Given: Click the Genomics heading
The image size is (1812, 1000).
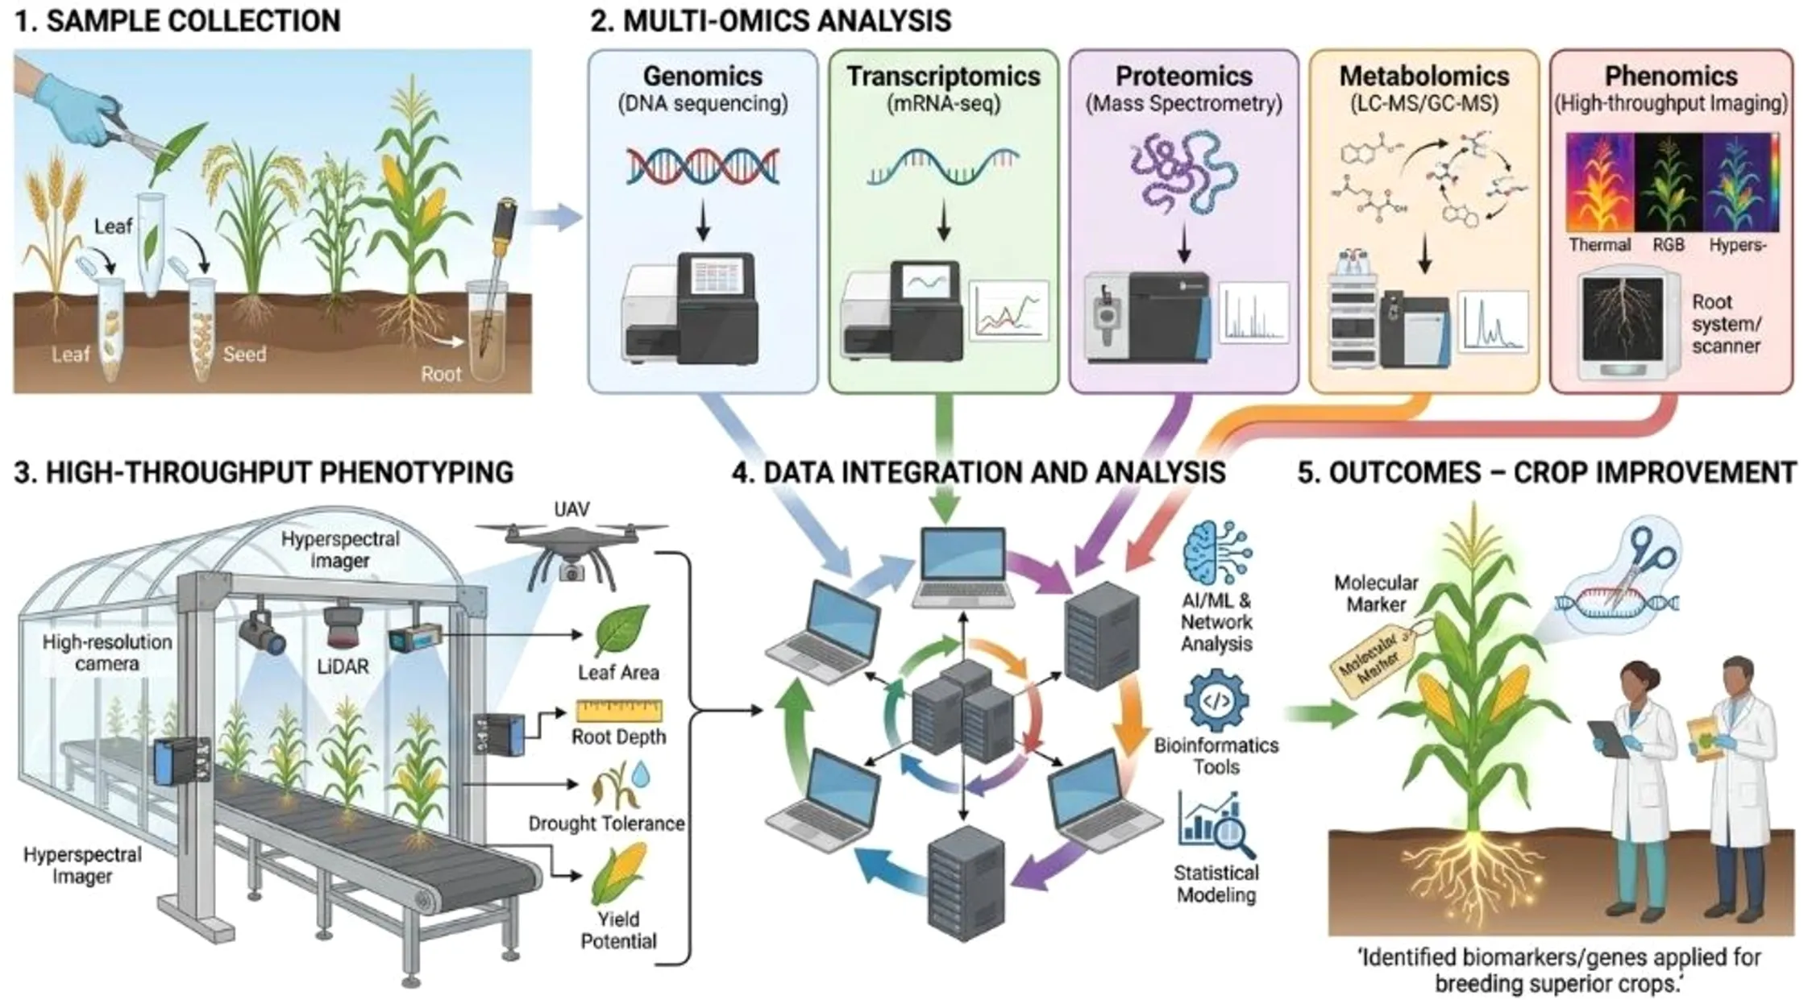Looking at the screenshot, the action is pos(702,76).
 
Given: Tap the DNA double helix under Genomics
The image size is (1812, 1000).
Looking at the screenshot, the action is pos(703,167).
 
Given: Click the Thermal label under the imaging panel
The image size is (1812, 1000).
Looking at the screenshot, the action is pos(1599,245).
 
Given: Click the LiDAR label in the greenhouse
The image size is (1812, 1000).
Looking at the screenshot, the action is pos(343,666).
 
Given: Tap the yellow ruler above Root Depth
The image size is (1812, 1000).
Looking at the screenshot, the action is pos(618,712).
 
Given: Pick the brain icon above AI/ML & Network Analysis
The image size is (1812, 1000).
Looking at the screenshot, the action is pos(1216,552).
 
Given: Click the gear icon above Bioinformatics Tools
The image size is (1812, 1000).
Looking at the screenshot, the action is pos(1216,701).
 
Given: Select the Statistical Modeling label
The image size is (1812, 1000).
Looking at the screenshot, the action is pos(1216,883).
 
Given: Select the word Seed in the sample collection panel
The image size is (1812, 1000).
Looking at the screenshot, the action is pos(244,354).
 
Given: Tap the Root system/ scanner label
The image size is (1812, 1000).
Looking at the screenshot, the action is pos(1726,323).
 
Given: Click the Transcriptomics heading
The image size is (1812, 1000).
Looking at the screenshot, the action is pos(943,76).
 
